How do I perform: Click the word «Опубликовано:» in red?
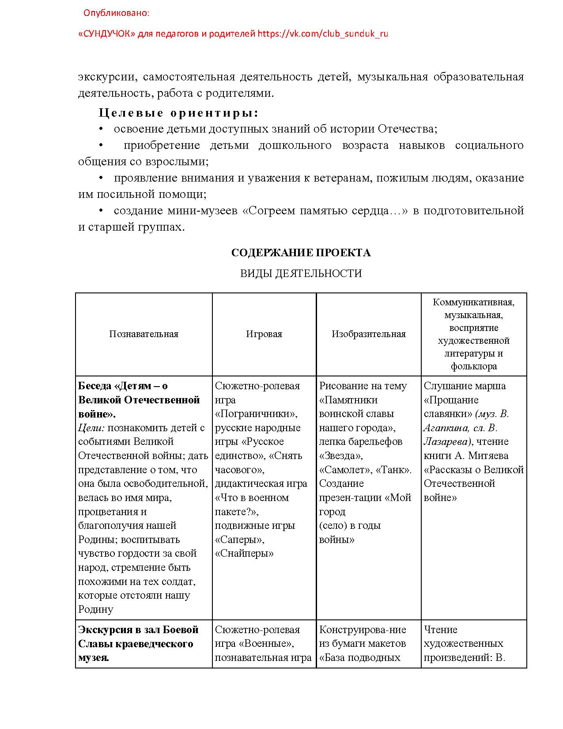coord(116,13)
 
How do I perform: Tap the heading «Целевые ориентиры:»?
coord(178,113)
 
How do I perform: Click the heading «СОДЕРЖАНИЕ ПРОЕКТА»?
coord(301,253)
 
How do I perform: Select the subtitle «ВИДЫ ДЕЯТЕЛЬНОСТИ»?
coord(301,273)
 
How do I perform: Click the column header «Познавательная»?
coord(144,334)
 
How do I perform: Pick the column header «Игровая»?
coord(264,334)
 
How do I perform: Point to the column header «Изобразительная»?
coord(368,334)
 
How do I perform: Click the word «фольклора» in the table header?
coord(473,366)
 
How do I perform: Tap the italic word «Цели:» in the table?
coord(91,428)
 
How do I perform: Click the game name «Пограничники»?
coord(256,414)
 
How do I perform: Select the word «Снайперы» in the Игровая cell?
coord(244,553)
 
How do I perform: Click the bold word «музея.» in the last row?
coord(94,657)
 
